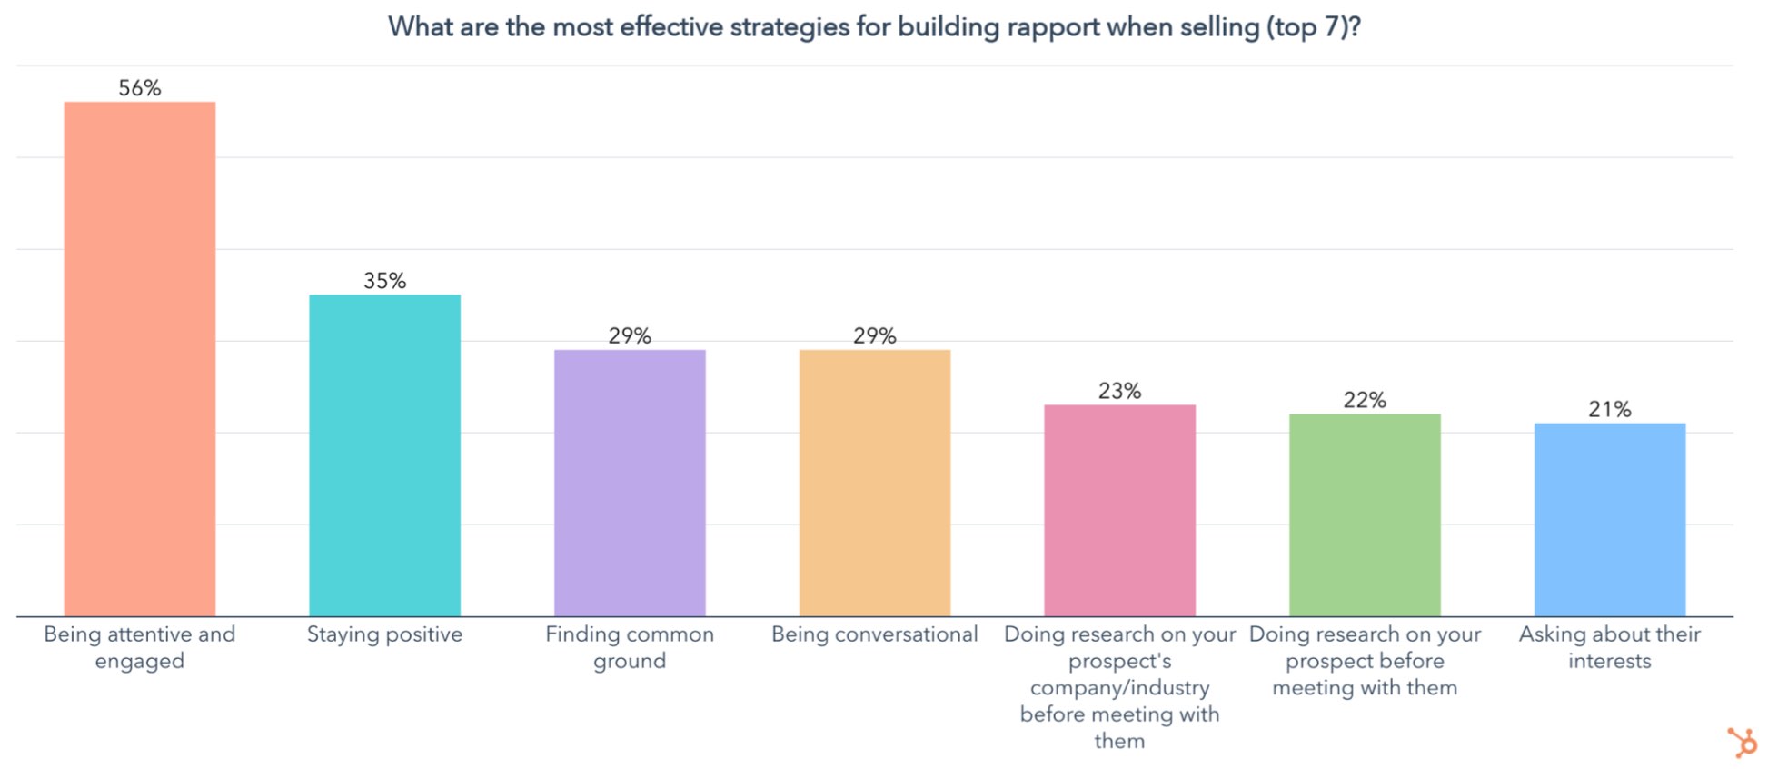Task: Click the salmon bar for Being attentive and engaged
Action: tap(139, 359)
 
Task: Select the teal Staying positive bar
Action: tap(384, 454)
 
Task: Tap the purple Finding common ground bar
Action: tap(630, 483)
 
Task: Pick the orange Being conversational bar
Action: tap(874, 483)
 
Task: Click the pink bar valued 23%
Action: tap(1119, 510)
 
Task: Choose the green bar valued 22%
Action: tap(1365, 514)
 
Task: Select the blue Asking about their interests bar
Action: tap(1609, 519)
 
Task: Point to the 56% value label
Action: tap(139, 88)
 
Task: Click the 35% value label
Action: tap(384, 281)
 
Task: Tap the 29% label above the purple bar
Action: tap(630, 336)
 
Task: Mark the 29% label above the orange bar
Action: tap(874, 336)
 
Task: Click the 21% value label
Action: tap(1609, 410)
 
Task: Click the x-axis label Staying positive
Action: tap(384, 634)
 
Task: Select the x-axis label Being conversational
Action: tap(874, 634)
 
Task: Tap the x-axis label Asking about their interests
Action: tap(1609, 647)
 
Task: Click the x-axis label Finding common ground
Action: tap(630, 647)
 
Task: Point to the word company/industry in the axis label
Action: tap(1119, 688)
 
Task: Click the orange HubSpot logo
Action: tap(1743, 742)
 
